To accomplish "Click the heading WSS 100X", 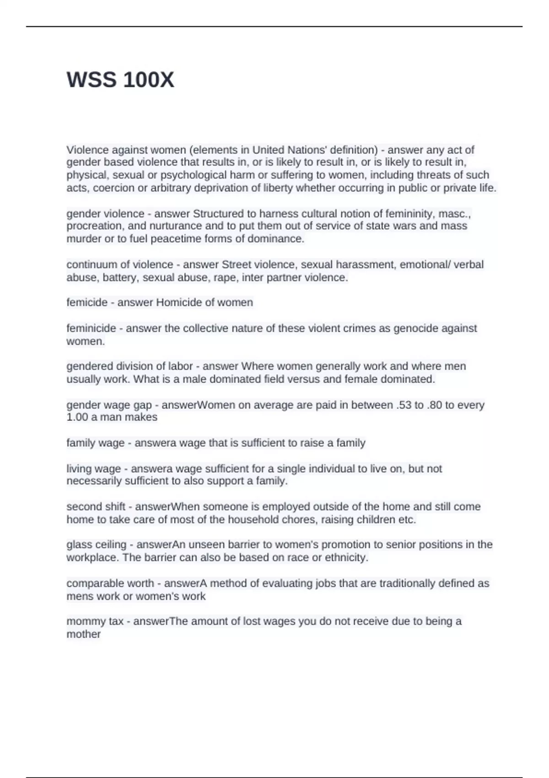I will pos(120,80).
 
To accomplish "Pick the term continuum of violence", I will pos(120,265).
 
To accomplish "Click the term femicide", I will pos(86,303).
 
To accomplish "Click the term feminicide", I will pos(91,328).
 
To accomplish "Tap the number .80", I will pos(433,405).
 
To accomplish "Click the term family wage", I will pos(95,443).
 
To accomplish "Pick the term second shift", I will pos(96,507).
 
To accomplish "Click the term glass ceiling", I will pos(96,545).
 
